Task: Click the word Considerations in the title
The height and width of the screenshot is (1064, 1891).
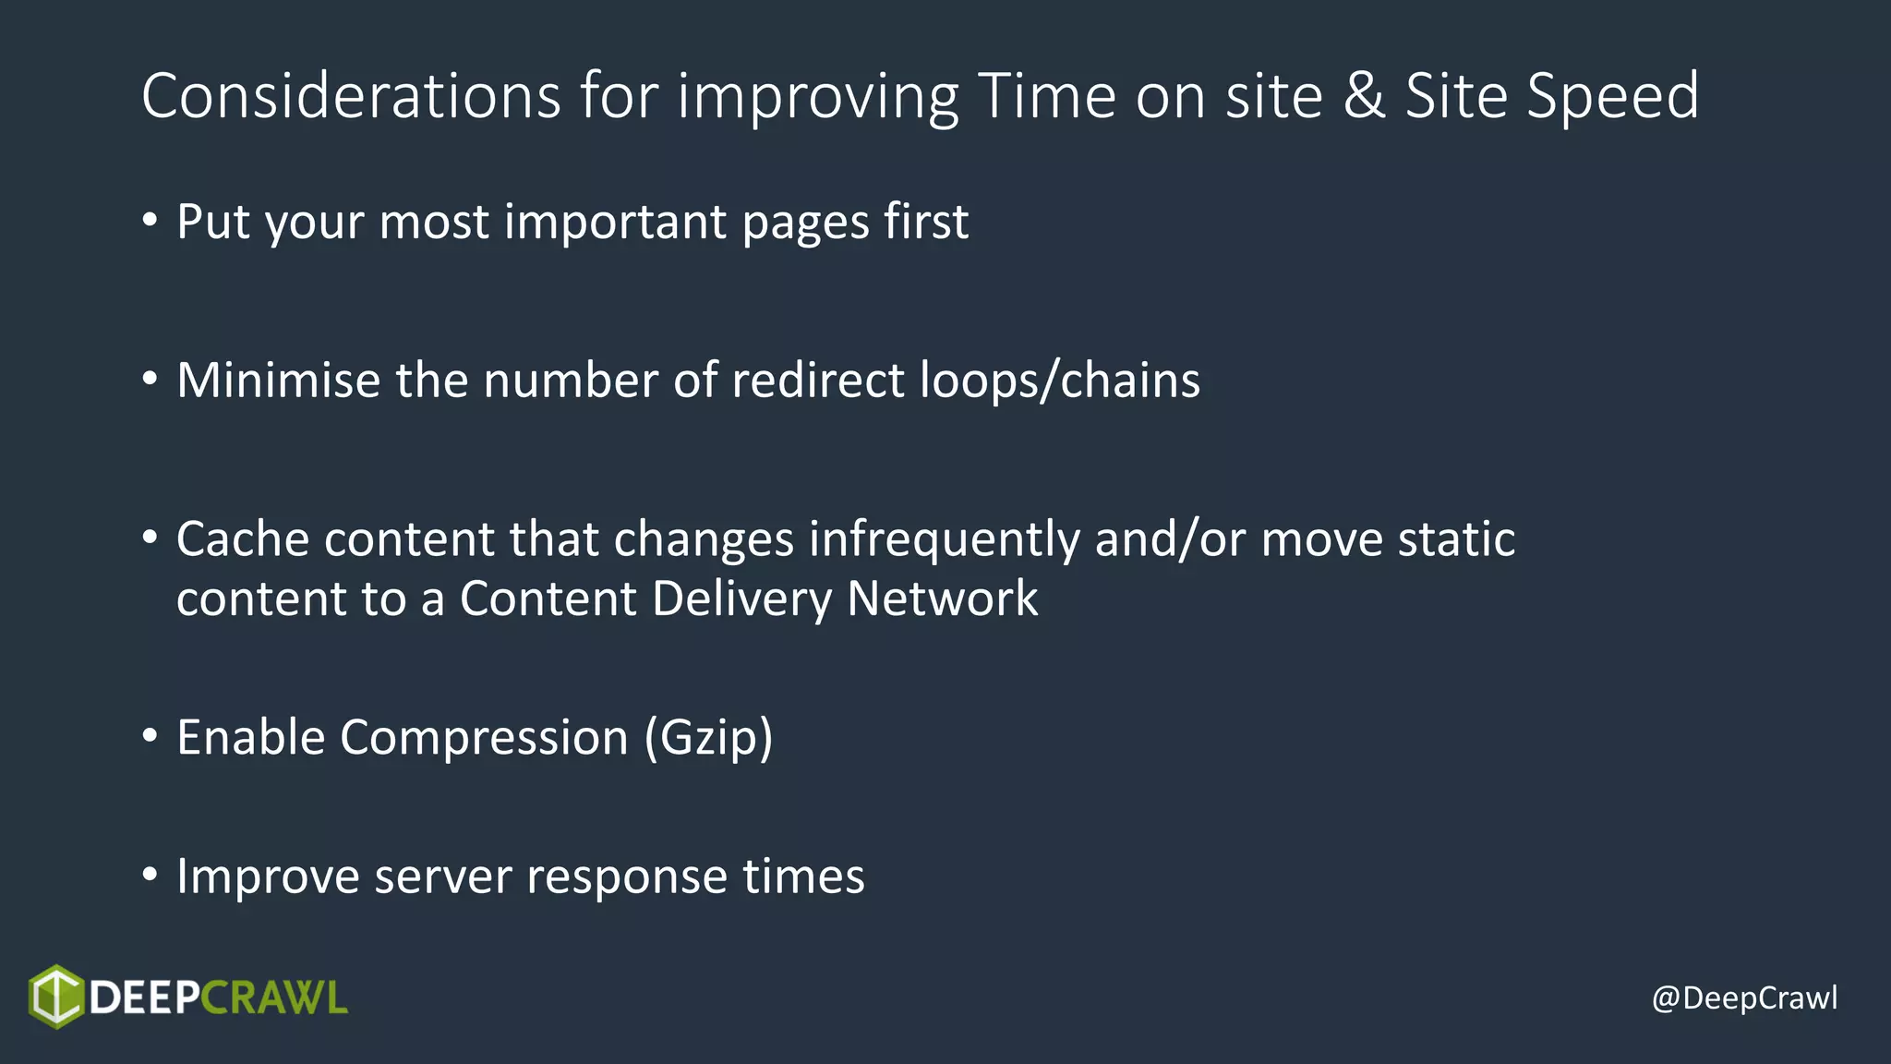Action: coord(351,96)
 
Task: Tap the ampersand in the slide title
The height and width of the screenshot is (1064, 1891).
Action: coord(1364,96)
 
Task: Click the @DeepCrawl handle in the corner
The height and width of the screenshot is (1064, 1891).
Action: coord(1744,998)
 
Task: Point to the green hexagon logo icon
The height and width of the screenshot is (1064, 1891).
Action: coord(56,997)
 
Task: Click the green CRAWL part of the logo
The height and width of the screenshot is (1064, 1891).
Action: coord(273,998)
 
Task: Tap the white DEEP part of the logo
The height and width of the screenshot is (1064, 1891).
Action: coord(144,998)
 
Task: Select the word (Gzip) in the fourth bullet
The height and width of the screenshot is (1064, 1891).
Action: coord(708,738)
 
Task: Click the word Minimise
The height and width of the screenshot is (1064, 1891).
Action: coord(278,381)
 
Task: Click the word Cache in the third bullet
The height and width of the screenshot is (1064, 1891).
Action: coord(242,539)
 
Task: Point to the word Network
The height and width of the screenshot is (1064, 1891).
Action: coord(942,598)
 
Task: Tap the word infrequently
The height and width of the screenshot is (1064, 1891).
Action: coord(944,539)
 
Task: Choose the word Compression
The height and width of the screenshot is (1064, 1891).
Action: coord(484,738)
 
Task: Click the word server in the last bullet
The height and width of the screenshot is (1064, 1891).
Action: coord(442,877)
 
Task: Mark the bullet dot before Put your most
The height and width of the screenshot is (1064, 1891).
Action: coord(150,220)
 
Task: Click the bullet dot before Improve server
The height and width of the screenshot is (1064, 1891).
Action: coord(150,875)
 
